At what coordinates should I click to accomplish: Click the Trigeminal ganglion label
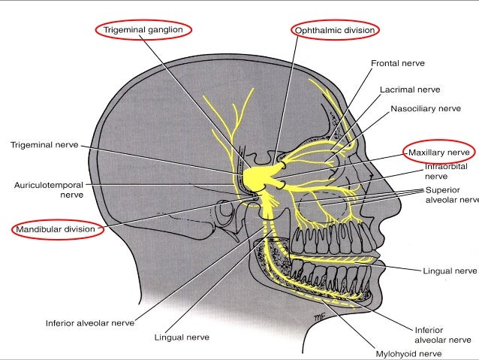point(143,29)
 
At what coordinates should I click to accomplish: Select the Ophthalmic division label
point(335,29)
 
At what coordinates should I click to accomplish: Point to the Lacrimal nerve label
point(409,89)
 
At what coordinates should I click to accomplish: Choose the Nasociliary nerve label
point(425,108)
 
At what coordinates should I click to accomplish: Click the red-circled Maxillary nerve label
point(438,152)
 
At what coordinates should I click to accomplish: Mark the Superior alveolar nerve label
point(450,195)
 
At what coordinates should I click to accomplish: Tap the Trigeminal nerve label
point(44,143)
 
